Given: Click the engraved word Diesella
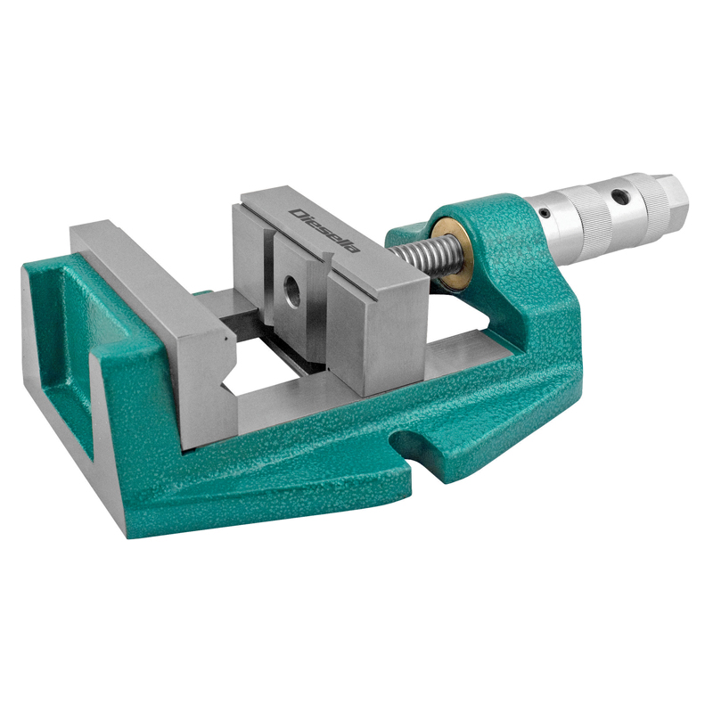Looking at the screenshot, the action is (x=326, y=231).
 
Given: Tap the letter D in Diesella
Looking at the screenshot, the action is (x=298, y=214).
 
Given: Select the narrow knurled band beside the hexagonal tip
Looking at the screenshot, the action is (x=654, y=200).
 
